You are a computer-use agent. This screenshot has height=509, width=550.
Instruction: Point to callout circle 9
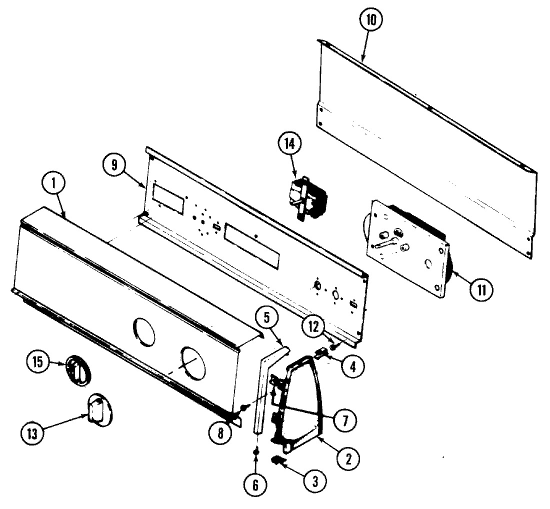point(114,165)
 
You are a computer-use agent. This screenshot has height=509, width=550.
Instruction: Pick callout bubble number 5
point(266,316)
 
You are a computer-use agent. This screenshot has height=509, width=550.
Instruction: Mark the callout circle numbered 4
point(352,366)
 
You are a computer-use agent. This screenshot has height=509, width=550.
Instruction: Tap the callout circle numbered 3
point(314,480)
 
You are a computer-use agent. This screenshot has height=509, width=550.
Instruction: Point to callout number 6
point(255,484)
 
